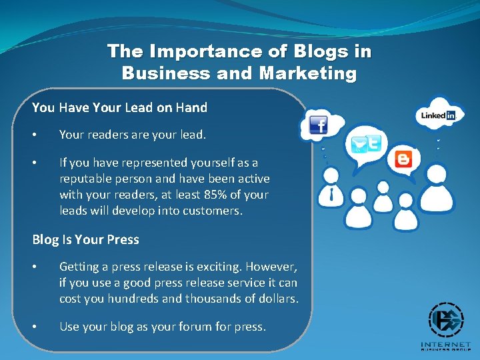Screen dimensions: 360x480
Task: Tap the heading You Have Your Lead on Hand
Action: click(119, 107)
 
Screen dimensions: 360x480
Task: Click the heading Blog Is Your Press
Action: click(85, 239)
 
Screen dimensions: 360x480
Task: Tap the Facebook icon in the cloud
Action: click(318, 125)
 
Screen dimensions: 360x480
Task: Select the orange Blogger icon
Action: click(403, 159)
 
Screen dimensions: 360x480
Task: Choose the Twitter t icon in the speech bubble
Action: click(375, 143)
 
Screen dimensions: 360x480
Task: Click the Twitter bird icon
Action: click(359, 145)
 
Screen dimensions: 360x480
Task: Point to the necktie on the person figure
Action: click(332, 195)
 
